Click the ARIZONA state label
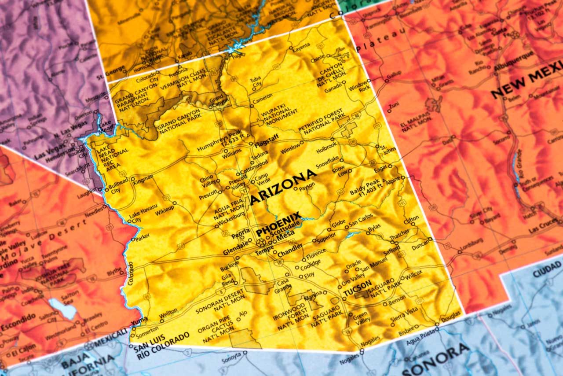284,187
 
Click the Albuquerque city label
513,61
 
